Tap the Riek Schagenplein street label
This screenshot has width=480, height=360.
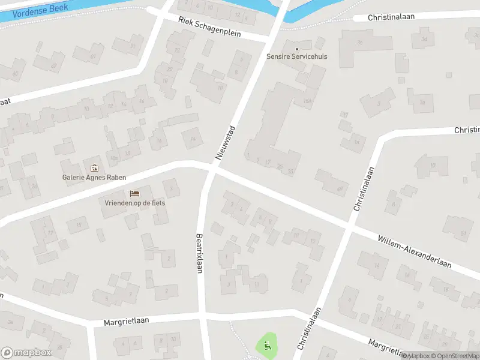209,26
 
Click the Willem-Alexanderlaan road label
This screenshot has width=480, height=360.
414,251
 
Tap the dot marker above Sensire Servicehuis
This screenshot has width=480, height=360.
295,48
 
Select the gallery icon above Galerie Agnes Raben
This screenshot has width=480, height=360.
94,168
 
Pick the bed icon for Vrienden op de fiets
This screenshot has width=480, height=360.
134,193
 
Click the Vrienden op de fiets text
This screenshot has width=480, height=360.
134,203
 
